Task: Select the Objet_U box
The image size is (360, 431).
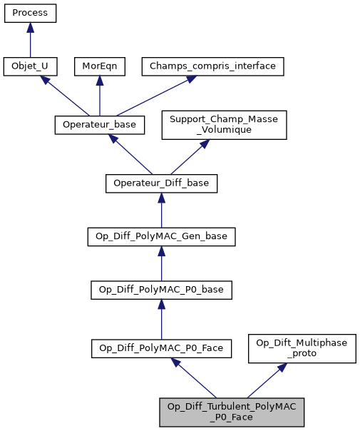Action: [30, 66]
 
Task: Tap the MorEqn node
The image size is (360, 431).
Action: [99, 66]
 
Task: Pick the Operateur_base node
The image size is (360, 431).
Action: [100, 125]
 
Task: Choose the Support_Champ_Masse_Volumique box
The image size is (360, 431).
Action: [224, 124]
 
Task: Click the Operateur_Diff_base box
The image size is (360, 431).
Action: [161, 183]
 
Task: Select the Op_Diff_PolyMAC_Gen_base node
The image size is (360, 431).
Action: [161, 236]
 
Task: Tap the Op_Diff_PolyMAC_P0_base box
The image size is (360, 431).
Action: [161, 290]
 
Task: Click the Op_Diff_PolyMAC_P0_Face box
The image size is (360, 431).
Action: [161, 348]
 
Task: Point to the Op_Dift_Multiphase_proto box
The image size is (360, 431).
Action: [302, 348]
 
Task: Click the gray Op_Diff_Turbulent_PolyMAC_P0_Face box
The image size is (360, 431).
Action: [232, 412]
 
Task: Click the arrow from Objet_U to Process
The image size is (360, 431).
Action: [30, 40]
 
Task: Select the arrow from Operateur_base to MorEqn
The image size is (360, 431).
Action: [99, 96]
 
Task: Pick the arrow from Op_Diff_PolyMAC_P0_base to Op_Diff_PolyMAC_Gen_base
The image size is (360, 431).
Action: [161, 263]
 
